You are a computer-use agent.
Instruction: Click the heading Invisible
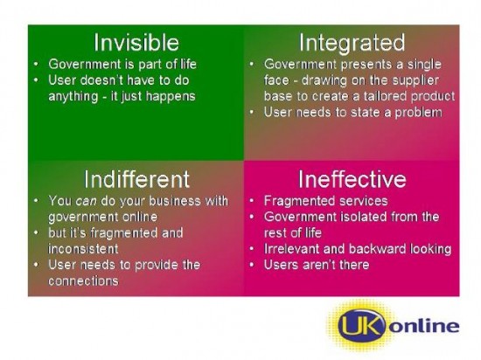(136, 42)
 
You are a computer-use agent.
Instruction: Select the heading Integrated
(352, 43)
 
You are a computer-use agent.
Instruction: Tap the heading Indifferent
(136, 179)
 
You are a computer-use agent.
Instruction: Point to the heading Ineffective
(352, 179)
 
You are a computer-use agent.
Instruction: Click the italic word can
(87, 201)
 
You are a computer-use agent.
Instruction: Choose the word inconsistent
(83, 249)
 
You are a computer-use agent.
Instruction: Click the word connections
(83, 281)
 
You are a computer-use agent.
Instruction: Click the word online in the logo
(424, 325)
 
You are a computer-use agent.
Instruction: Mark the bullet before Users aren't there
(252, 265)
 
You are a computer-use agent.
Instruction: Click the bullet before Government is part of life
(36, 64)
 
